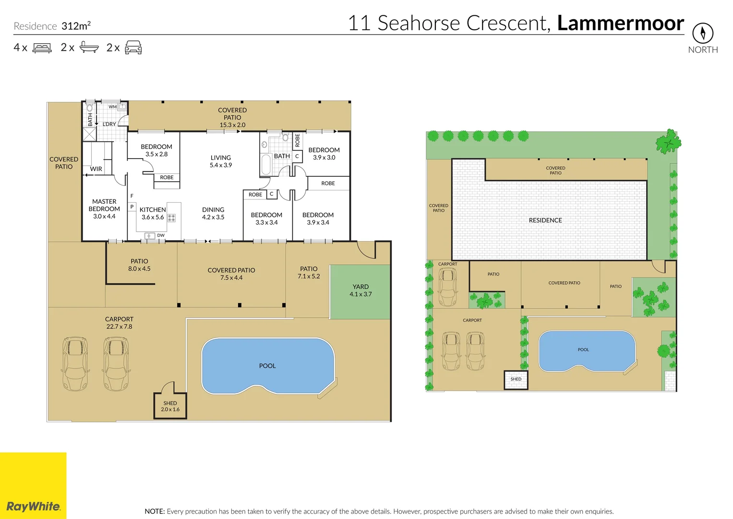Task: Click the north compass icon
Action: coord(703,33)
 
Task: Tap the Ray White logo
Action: coord(33,506)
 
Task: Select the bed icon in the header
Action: coord(42,48)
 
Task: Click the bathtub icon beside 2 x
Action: coord(89,47)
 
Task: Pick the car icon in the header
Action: coord(133,48)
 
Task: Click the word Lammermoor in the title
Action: coord(620,23)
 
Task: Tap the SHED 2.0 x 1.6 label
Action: coord(170,406)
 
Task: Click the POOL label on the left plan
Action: coord(267,366)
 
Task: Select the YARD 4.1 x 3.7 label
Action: coord(360,290)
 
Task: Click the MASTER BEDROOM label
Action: coord(104,209)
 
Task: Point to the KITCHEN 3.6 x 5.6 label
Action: coord(153,213)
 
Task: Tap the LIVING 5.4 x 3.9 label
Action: coord(221,161)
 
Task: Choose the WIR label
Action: coord(96,169)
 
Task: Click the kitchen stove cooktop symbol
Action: coord(171,218)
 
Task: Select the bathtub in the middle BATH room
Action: coord(265,164)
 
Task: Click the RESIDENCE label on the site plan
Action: coord(545,220)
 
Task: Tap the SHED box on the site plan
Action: coord(516,379)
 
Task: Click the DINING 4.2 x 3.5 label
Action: coord(213,213)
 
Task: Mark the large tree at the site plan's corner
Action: coord(668,142)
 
